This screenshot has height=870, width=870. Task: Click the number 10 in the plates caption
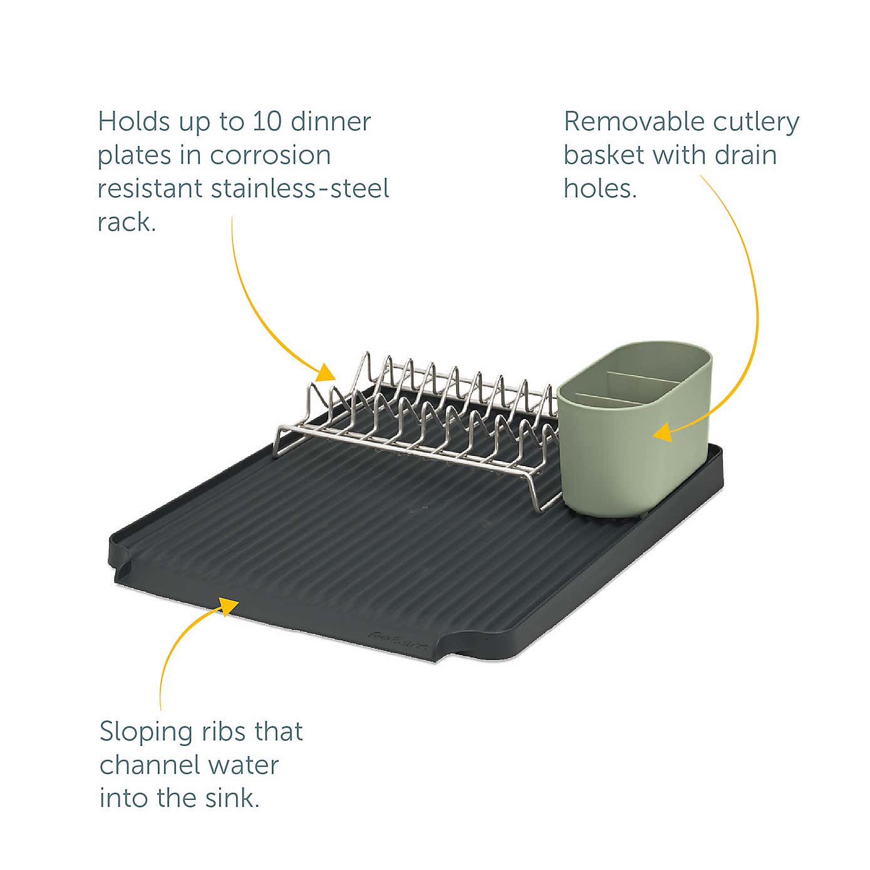267,122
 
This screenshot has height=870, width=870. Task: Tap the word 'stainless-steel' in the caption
300,189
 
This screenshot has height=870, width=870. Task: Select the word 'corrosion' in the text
270,155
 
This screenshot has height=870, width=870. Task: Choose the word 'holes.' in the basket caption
600,189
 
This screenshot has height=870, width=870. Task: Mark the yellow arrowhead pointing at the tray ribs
228,606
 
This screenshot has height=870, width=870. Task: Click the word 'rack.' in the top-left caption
127,222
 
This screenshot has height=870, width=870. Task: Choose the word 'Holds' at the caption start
133,122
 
